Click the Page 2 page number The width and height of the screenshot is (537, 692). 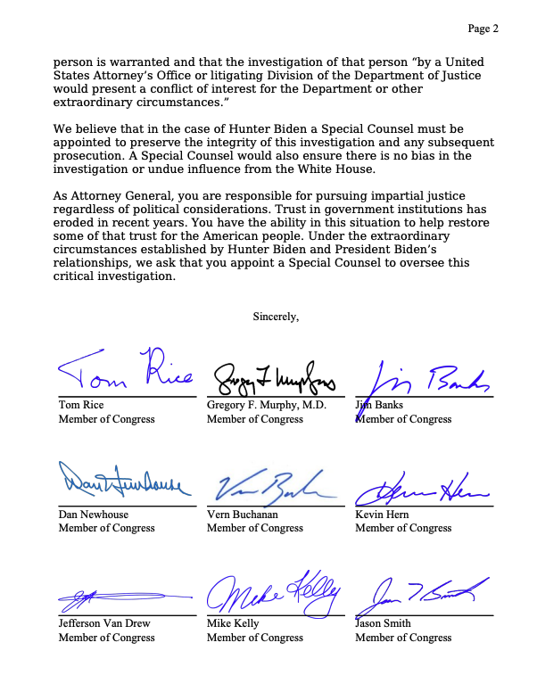tap(483, 29)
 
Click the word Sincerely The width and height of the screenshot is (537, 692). tap(276, 316)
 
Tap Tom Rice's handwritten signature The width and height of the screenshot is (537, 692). tap(125, 375)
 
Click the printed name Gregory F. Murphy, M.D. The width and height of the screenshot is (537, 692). tap(267, 405)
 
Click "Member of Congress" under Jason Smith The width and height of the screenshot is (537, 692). tap(403, 638)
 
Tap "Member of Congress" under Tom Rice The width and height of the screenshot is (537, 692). tap(106, 419)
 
